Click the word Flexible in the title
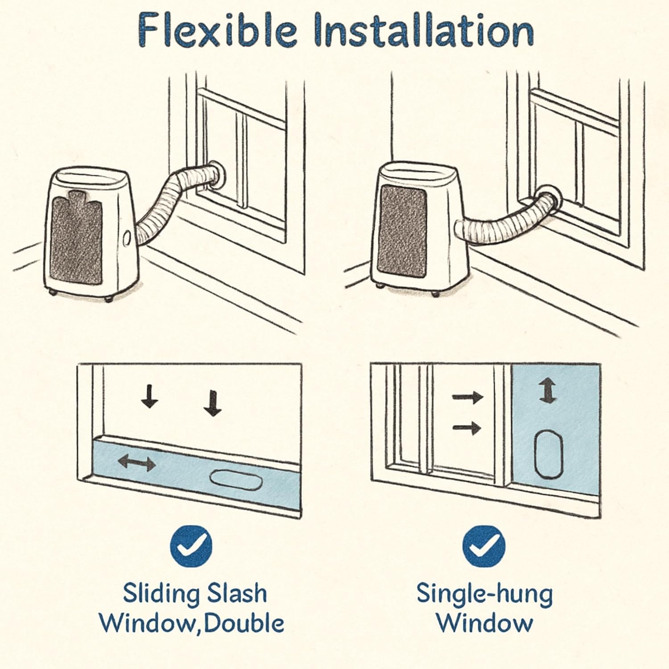tap(217, 30)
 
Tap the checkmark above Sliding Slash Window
tap(191, 546)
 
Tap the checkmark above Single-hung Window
tap(483, 546)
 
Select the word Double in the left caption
tap(244, 623)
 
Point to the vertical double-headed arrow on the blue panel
tap(548, 391)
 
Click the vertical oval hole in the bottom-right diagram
tap(548, 454)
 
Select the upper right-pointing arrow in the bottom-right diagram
tap(468, 396)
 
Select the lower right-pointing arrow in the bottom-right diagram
tap(467, 429)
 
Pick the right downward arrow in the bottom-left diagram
tap(212, 403)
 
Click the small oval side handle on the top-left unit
tap(127, 240)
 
